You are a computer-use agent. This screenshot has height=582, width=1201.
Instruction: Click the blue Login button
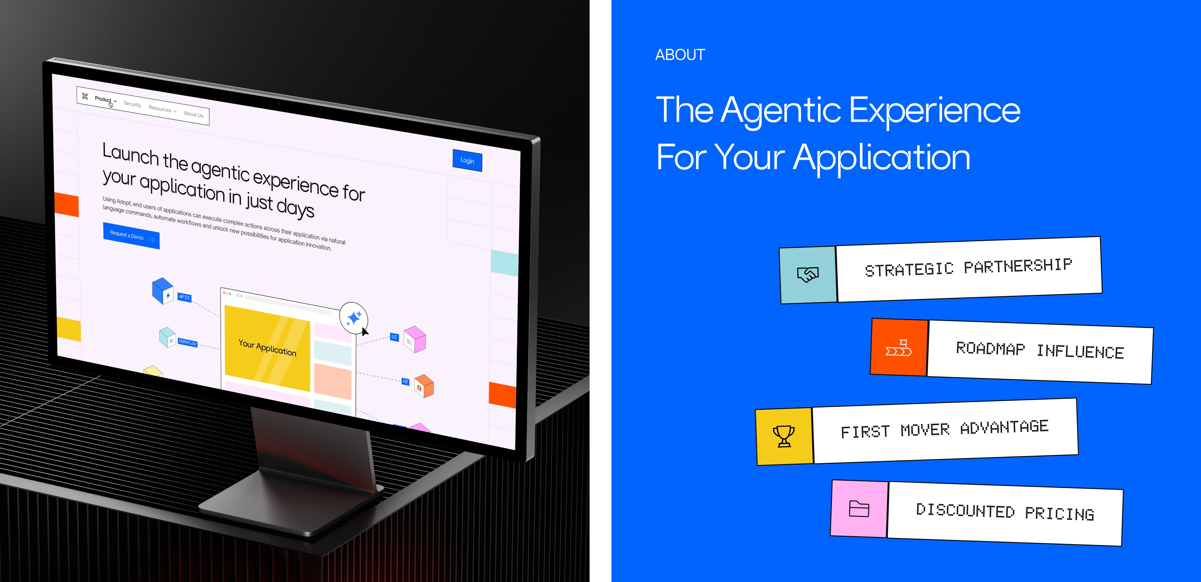[x=467, y=160]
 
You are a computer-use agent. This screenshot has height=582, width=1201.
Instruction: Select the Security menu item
[x=133, y=104]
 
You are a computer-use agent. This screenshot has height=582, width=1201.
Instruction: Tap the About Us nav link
[x=193, y=114]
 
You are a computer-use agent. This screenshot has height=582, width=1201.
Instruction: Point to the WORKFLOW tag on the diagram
[x=187, y=343]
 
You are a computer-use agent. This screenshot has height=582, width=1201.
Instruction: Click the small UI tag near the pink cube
[x=395, y=336]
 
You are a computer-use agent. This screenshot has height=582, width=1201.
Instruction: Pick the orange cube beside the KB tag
[x=424, y=386]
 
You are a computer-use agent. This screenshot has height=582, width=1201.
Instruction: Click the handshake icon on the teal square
[x=808, y=274]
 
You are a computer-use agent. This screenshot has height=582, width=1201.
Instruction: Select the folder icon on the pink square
[x=859, y=509]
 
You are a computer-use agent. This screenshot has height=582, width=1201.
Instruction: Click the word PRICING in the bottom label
[x=1059, y=513]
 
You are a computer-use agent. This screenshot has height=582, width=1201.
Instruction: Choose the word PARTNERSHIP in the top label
[x=1018, y=266]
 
